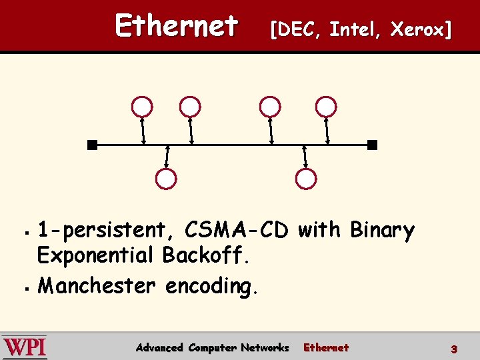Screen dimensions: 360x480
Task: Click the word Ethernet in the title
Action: point(176,27)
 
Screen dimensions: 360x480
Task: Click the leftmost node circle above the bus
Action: point(142,107)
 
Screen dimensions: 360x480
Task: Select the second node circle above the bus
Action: point(190,107)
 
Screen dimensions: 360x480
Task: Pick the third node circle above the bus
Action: point(269,107)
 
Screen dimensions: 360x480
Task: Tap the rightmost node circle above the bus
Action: point(326,107)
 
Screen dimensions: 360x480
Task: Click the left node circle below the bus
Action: point(165,179)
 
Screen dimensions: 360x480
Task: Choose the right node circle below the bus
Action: point(306,179)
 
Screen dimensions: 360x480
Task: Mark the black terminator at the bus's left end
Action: point(92,145)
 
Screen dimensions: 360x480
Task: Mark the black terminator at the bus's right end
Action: point(372,145)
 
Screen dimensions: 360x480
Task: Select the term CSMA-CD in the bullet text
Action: point(237,231)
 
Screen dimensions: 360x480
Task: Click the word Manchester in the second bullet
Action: point(97,286)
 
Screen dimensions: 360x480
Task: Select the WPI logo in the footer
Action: point(25,347)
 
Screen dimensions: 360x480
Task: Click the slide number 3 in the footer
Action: point(453,349)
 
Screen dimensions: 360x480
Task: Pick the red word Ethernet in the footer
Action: point(326,347)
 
